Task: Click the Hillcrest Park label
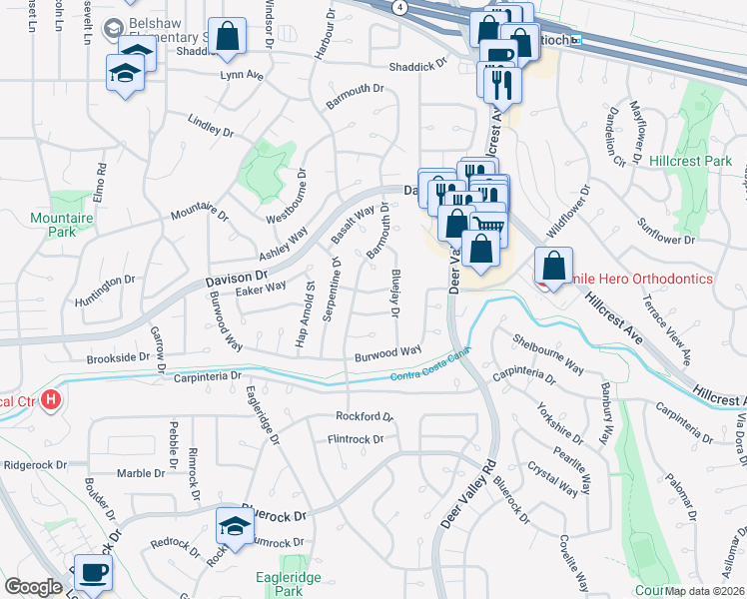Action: pos(690,160)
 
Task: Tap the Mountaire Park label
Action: pos(54,224)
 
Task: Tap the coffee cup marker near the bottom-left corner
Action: pos(93,574)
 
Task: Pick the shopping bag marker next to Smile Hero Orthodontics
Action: pos(552,267)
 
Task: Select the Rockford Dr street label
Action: pos(365,416)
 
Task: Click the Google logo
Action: pos(34,587)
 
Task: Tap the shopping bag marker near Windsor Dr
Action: pos(228,36)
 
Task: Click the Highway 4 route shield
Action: pos(399,7)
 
